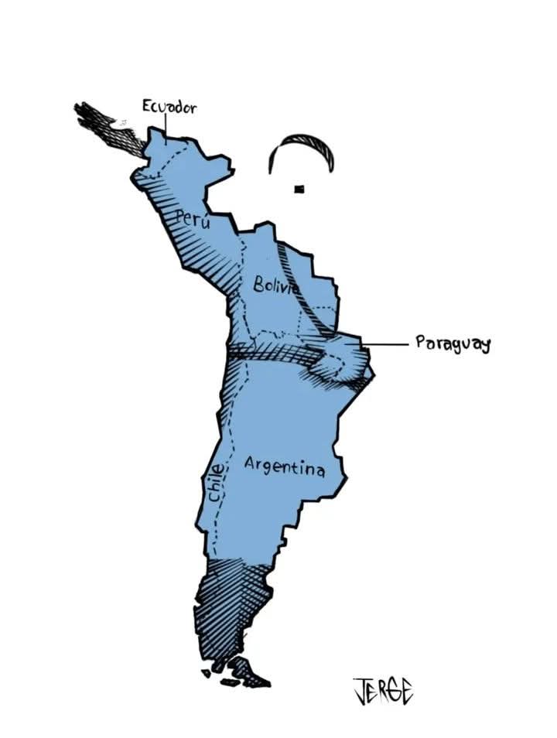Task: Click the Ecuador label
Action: click(x=169, y=106)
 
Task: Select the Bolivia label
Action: click(x=275, y=285)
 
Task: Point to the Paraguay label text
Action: click(x=453, y=343)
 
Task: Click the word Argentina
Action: click(x=284, y=466)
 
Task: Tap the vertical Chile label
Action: click(x=217, y=483)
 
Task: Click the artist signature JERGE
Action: click(x=383, y=689)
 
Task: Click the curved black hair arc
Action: click(x=302, y=143)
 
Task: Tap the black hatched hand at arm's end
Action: click(x=108, y=128)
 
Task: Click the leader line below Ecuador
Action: click(x=165, y=125)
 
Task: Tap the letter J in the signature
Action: click(x=361, y=690)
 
